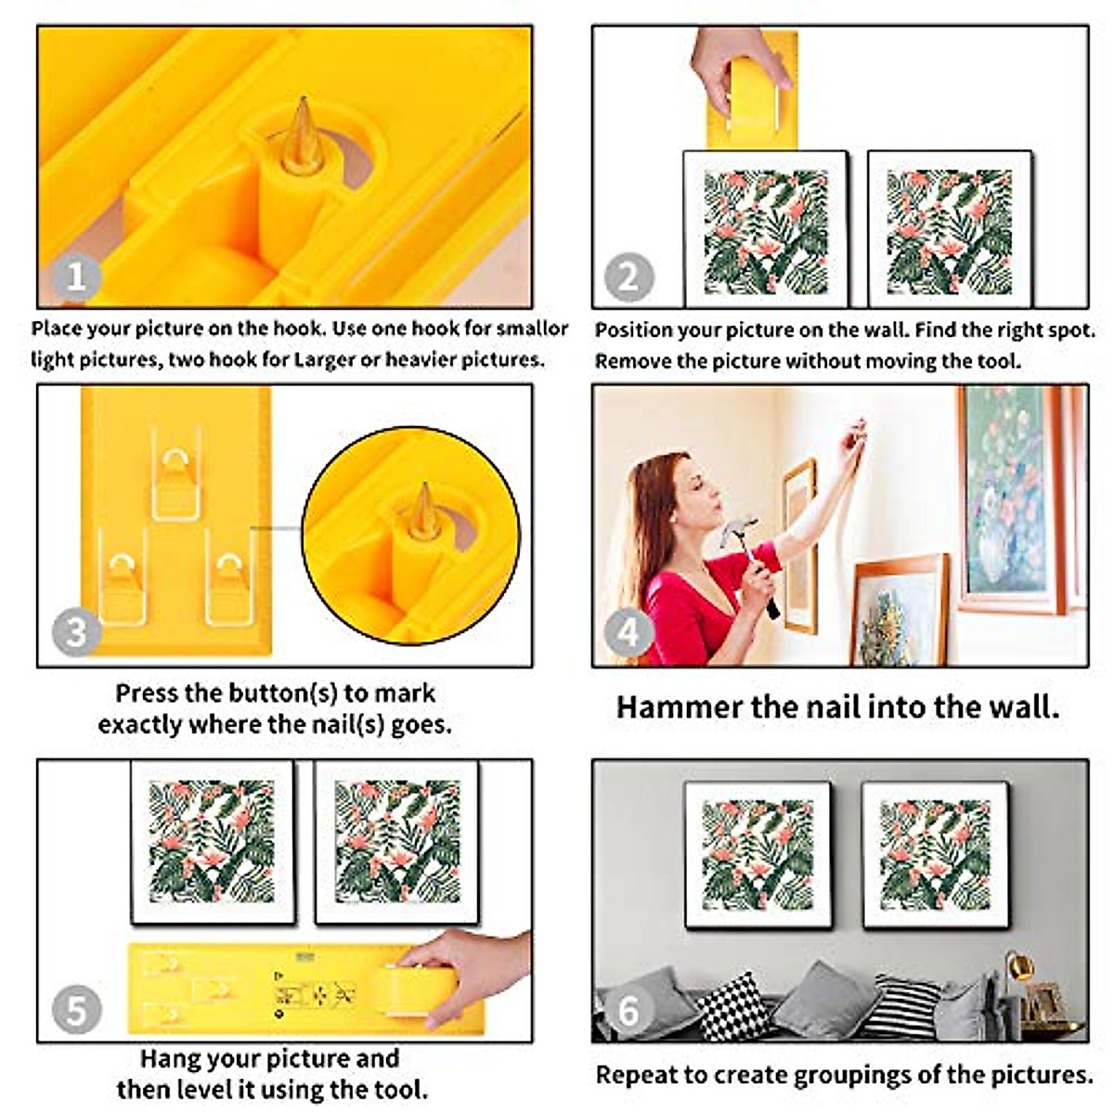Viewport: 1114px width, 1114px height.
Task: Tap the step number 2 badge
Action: click(x=629, y=276)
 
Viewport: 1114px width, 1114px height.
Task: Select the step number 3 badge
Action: click(x=76, y=632)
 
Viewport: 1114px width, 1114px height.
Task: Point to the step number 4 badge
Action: click(x=629, y=632)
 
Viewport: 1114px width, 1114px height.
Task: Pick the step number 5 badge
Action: click(x=76, y=1009)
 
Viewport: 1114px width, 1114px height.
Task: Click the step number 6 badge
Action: click(x=629, y=1009)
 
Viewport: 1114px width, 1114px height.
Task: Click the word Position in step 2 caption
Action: click(x=633, y=330)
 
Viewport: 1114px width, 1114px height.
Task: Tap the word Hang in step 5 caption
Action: click(x=167, y=1059)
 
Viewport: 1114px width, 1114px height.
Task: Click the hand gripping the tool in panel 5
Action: click(x=464, y=970)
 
